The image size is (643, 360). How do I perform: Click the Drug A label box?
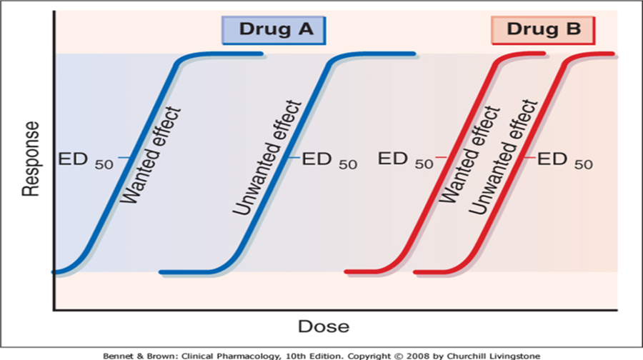pos(273,29)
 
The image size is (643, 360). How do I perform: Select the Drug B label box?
pos(543,29)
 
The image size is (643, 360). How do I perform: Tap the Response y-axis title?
pos(30,159)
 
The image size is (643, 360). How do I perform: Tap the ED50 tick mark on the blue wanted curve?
pos(123,157)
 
